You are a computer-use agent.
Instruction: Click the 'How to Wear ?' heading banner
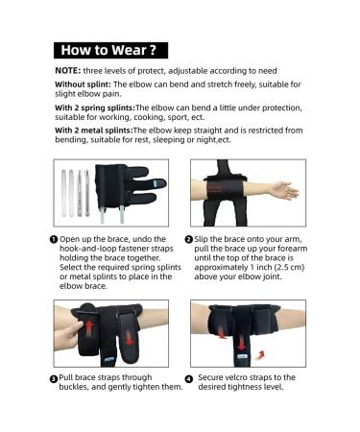coord(110,50)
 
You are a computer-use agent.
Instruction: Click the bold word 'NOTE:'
coord(68,71)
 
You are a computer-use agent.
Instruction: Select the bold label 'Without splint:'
coord(83,84)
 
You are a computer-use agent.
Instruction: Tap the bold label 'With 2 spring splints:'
coord(95,108)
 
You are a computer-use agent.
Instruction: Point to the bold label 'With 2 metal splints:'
coord(94,131)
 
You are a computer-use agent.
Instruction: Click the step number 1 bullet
coord(54,239)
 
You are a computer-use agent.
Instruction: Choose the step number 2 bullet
coord(189,239)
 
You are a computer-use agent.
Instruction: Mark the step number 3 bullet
coord(54,379)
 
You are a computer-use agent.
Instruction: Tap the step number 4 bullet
coord(189,379)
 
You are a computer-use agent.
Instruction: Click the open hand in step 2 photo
coord(283,190)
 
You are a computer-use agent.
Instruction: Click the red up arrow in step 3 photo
coord(89,328)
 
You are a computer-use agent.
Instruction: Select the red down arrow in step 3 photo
coord(129,338)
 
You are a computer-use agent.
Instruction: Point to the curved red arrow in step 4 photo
coord(260,354)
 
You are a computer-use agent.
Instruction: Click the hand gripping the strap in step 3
coord(68,334)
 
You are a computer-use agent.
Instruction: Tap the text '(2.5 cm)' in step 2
coord(288,267)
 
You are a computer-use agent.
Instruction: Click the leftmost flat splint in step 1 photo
coord(63,192)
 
